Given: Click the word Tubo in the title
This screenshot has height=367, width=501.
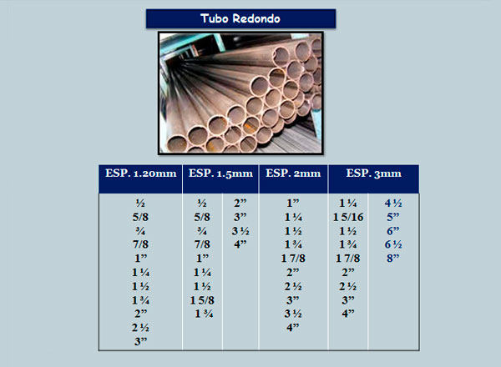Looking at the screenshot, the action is [215, 18].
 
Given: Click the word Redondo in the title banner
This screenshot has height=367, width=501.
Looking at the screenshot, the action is [256, 18].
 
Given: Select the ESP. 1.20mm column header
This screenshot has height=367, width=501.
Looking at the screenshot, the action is [141, 173].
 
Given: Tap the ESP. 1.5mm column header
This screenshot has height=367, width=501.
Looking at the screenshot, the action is [220, 173].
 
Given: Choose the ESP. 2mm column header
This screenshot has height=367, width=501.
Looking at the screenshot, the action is [293, 173].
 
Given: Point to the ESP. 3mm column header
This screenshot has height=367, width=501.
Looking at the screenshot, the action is [374, 173].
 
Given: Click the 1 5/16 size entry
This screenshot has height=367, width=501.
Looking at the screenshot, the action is [348, 218].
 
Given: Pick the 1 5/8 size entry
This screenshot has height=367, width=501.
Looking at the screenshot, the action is [202, 300].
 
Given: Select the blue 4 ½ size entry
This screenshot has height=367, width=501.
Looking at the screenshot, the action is [393, 204].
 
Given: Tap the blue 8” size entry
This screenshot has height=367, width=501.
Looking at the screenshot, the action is [393, 259].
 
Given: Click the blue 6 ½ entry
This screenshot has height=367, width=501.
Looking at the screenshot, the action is [393, 244].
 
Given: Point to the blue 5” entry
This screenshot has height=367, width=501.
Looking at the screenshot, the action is [393, 218].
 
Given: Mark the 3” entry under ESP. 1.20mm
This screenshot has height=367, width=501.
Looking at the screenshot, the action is [141, 341].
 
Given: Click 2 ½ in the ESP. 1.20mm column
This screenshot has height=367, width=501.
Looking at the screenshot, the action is [141, 328].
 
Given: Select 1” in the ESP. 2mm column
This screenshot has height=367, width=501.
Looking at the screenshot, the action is [293, 204].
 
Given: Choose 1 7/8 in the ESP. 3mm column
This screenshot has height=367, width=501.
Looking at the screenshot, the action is [348, 259].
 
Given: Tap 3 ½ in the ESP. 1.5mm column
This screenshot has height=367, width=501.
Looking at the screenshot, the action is [240, 231].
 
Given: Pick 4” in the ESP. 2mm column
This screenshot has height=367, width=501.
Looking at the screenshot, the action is [293, 328].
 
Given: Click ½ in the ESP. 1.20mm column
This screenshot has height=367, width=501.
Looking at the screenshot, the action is [140, 204].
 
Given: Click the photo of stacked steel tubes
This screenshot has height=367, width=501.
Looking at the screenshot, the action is [240, 93].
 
